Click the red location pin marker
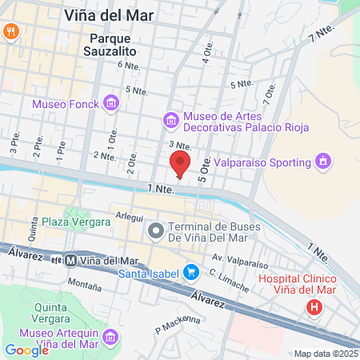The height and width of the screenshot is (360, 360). (x=180, y=165)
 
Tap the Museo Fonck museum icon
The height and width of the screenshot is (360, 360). (x=110, y=103)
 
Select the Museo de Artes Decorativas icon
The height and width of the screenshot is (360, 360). (x=170, y=120)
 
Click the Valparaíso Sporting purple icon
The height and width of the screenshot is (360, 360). (x=322, y=162)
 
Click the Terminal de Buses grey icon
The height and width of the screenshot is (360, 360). (x=155, y=231)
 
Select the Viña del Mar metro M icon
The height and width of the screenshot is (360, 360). (x=70, y=261)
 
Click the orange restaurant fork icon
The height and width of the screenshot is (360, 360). (x=11, y=31)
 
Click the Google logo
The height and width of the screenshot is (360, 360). (x=26, y=350)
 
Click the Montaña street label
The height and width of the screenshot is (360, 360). (x=84, y=283)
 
